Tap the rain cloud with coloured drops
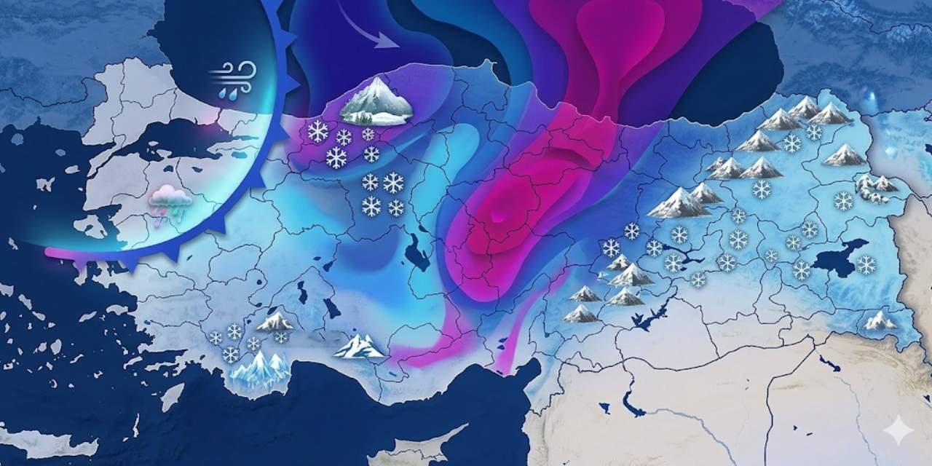pyautogui.click(x=170, y=200)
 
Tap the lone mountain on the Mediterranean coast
pyautogui.click(x=359, y=347)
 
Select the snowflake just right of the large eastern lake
pyautogui.click(x=866, y=264)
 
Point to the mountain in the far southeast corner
pyautogui.click(x=880, y=320)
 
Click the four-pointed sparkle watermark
pyautogui.click(x=898, y=431)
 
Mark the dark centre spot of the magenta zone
pyautogui.click(x=497, y=216)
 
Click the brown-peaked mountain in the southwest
pyautogui.click(x=275, y=321)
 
